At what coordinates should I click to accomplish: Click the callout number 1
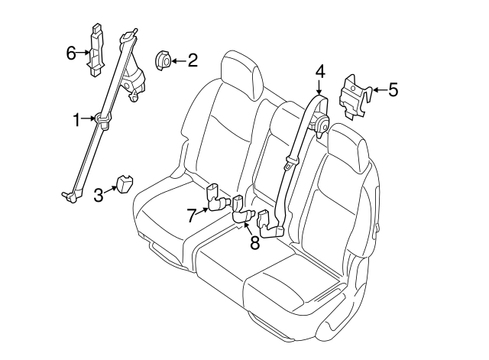click(x=76, y=118)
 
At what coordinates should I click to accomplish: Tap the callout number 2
click(x=192, y=60)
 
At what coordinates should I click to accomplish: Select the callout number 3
click(x=99, y=195)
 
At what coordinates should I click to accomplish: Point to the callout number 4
click(x=320, y=73)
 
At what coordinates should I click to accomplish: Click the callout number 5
click(x=393, y=91)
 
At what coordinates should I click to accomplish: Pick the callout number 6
click(x=70, y=53)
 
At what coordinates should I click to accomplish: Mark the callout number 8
click(x=254, y=244)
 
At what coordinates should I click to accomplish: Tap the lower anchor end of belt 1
click(x=70, y=197)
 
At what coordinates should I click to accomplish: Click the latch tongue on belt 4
click(x=290, y=163)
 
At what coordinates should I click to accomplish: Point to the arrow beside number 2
click(x=177, y=60)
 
